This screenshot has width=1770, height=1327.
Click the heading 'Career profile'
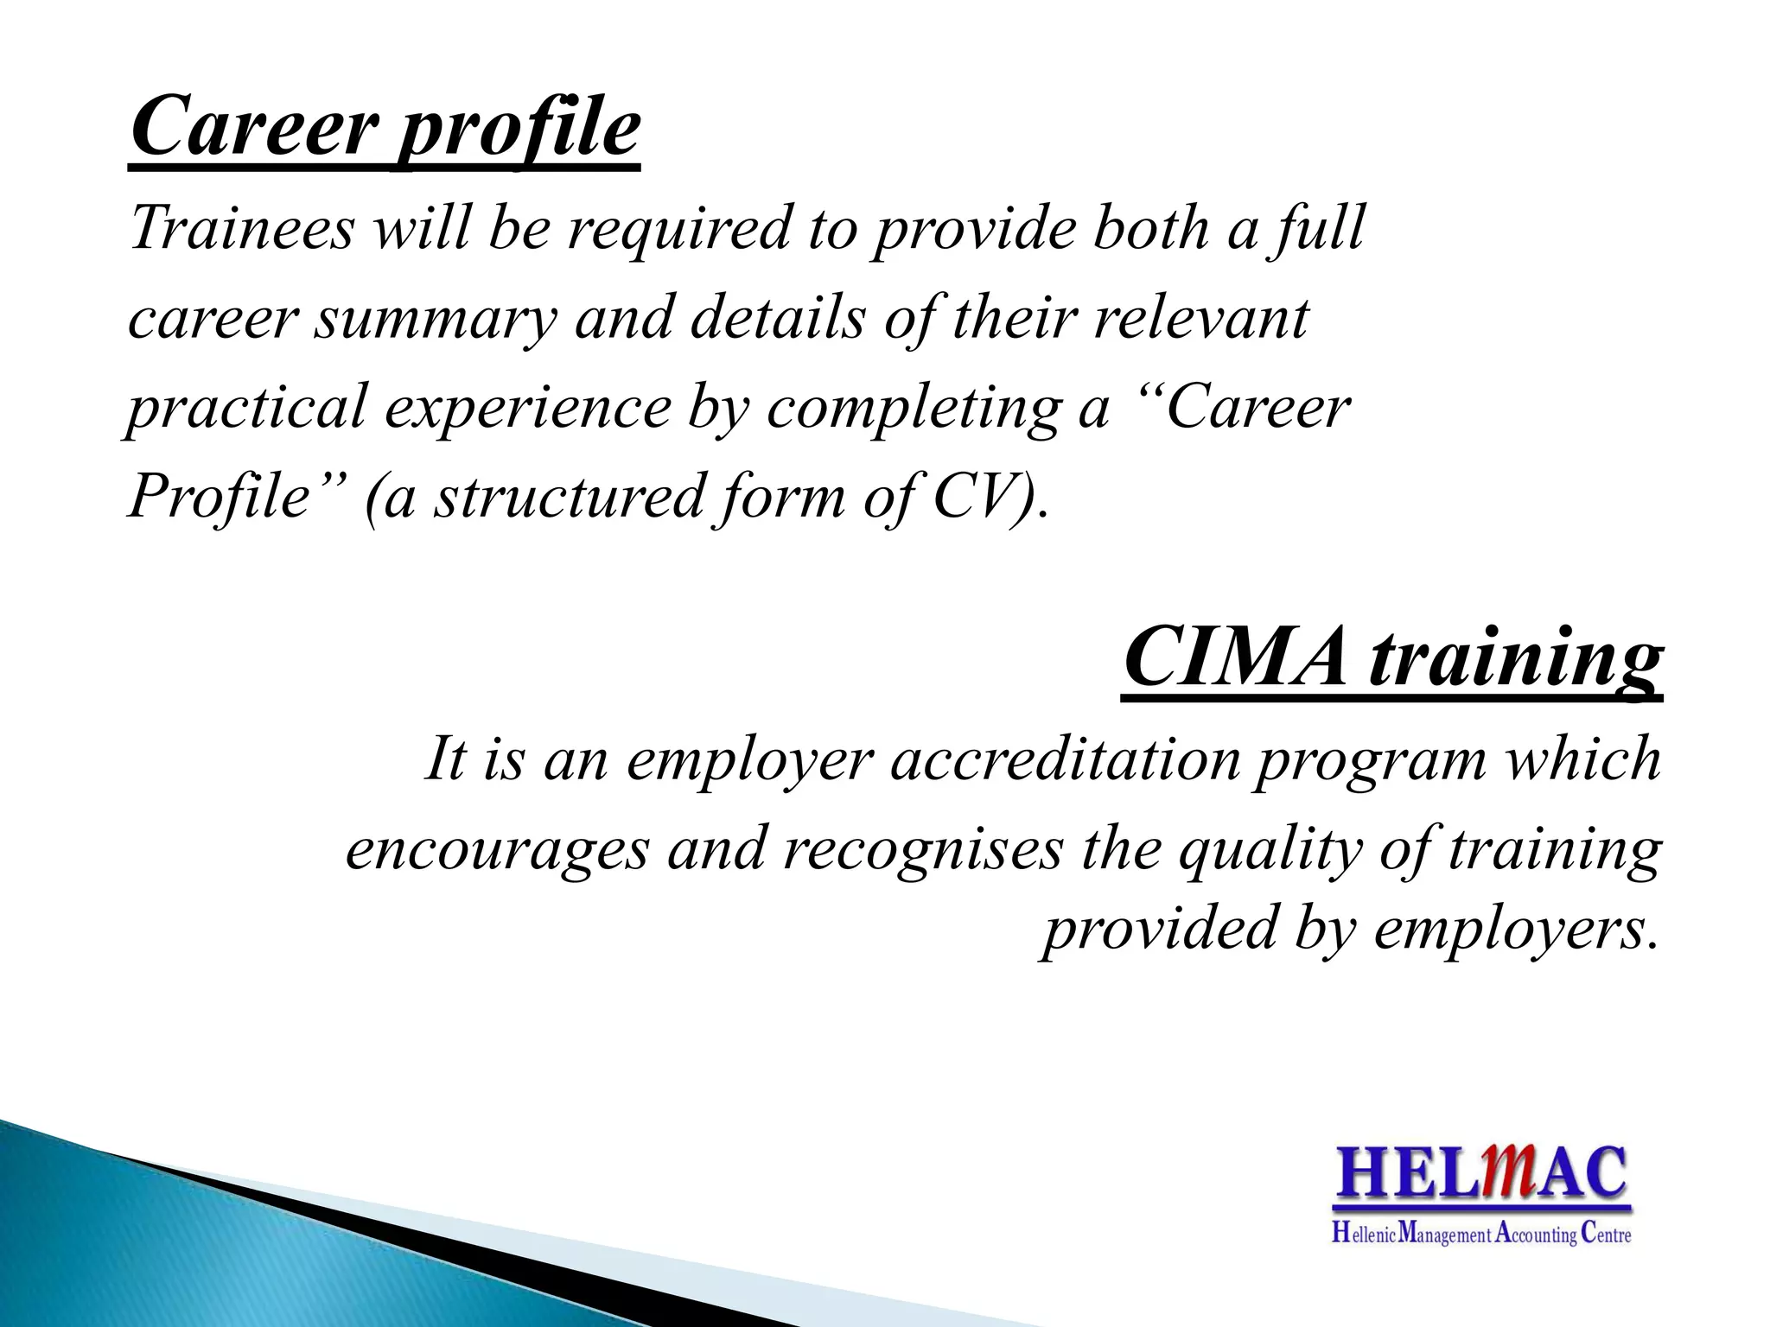click(x=385, y=130)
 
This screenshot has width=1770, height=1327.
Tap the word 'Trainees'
click(x=242, y=229)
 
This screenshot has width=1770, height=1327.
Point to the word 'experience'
click(x=527, y=408)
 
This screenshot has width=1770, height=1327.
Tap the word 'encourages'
click(x=497, y=848)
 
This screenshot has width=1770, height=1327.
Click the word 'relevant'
click(x=1200, y=318)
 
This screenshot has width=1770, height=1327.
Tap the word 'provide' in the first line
click(x=973, y=229)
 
